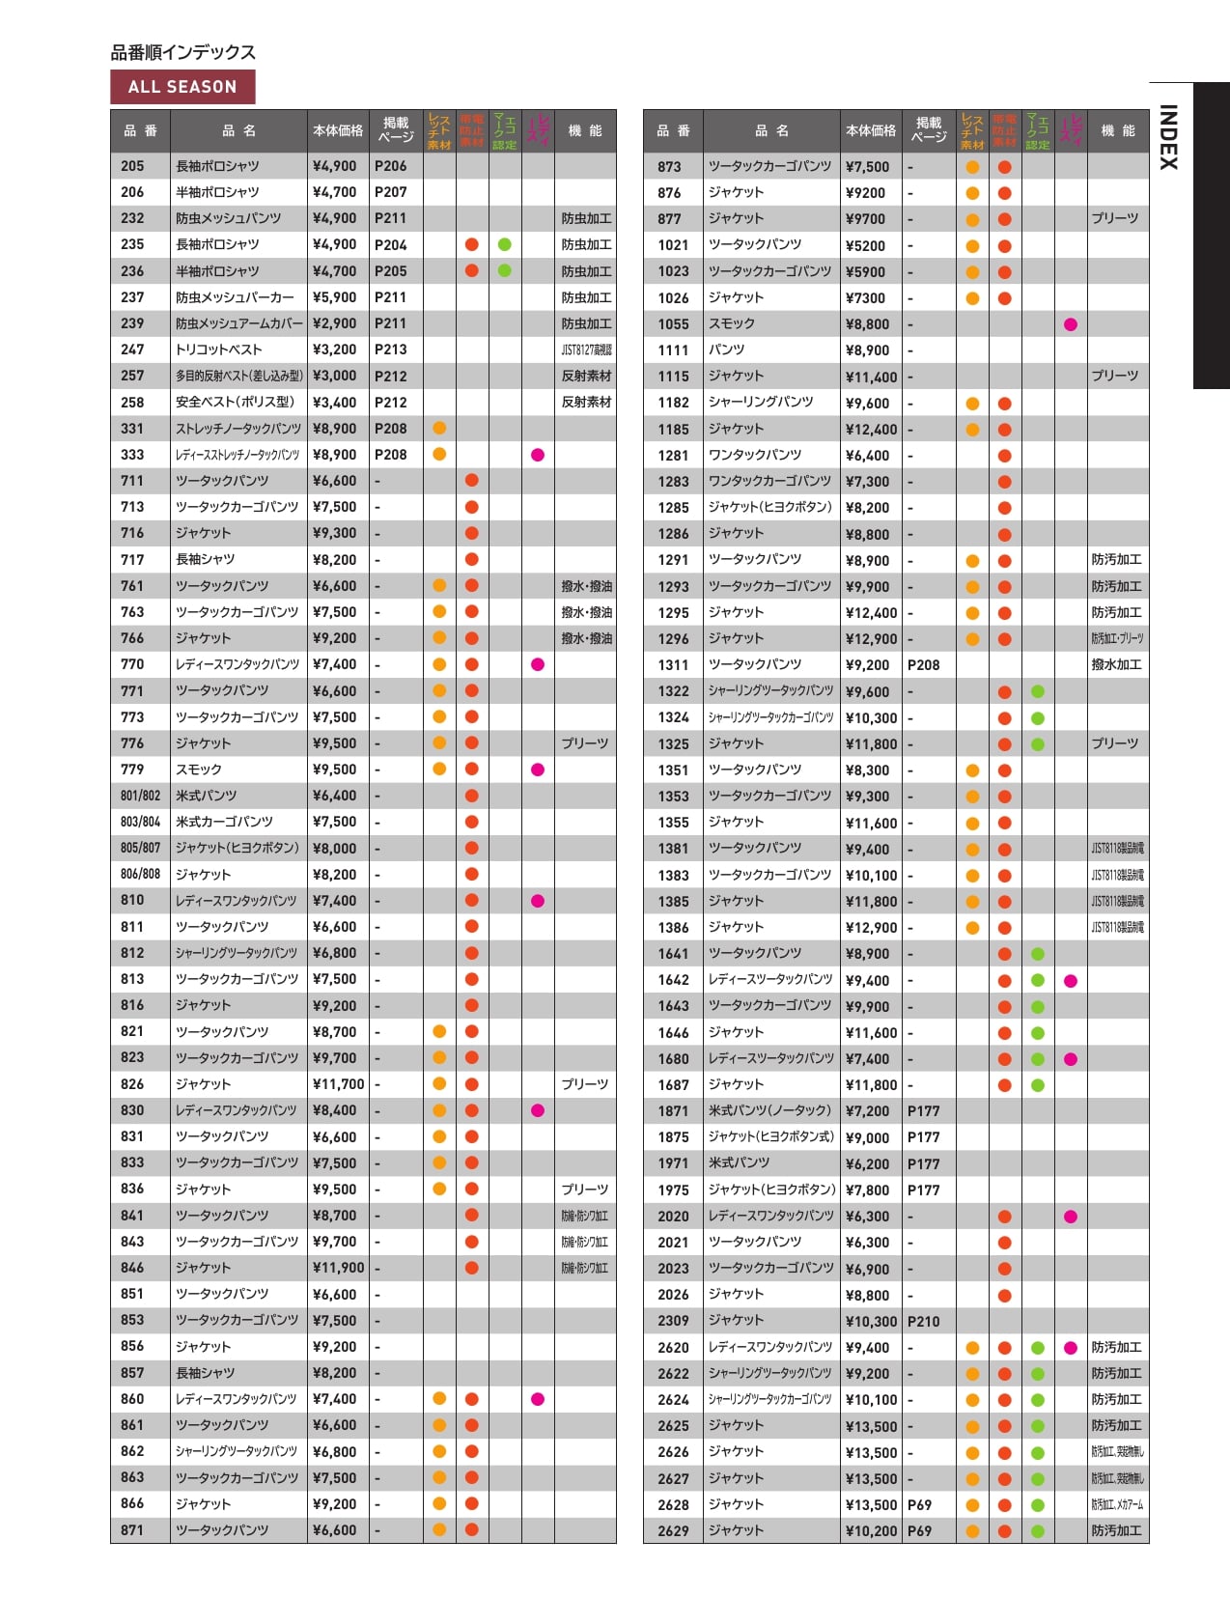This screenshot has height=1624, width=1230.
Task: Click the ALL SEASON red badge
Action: [182, 87]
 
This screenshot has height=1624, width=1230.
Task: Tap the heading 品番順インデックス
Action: [183, 52]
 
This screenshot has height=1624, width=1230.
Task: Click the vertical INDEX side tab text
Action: [1168, 137]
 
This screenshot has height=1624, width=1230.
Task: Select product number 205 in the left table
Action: [132, 166]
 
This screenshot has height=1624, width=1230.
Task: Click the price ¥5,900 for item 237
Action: [334, 297]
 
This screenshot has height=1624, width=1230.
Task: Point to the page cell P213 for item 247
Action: [391, 350]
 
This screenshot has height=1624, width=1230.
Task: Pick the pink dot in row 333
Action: [538, 455]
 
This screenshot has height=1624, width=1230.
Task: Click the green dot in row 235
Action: [504, 244]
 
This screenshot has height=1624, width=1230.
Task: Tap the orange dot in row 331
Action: [439, 428]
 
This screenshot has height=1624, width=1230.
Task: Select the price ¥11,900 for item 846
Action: [338, 1268]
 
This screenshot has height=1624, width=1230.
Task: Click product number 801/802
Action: [140, 796]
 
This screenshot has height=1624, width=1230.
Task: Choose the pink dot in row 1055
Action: [1070, 324]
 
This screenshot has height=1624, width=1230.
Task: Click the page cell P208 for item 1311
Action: [923, 665]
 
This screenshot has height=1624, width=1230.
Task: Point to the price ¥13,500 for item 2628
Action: [871, 1504]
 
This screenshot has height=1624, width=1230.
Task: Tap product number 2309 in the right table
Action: [673, 1321]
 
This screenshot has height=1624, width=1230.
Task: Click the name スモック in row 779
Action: [199, 770]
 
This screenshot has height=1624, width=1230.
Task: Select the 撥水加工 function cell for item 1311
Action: [1116, 665]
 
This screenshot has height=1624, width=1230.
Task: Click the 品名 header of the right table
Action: [771, 130]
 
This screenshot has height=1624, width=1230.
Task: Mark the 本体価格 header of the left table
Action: [338, 130]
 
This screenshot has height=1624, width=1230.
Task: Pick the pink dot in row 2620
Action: [1070, 1348]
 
